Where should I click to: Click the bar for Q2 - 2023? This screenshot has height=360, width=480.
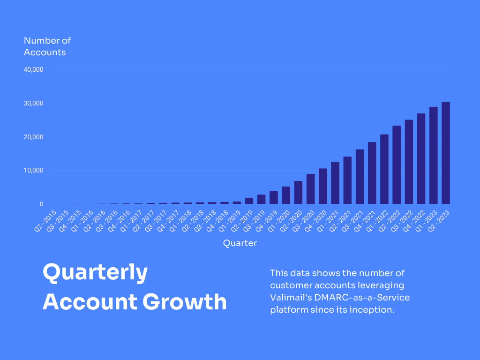pyautogui.click(x=446, y=153)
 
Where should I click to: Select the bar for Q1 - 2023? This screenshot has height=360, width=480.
pyautogui.click(x=434, y=155)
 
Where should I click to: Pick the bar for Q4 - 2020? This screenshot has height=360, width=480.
pyautogui.click(x=322, y=186)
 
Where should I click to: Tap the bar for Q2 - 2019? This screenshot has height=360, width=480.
pyautogui.click(x=249, y=201)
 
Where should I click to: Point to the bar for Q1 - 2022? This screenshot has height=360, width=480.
pyautogui.click(x=384, y=169)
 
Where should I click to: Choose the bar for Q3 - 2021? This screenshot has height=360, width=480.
pyautogui.click(x=360, y=177)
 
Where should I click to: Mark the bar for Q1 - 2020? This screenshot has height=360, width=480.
pyautogui.click(x=286, y=195)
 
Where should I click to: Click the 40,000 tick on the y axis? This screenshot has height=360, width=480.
pyautogui.click(x=34, y=69)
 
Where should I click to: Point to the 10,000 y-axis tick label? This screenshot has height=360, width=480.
pyautogui.click(x=34, y=171)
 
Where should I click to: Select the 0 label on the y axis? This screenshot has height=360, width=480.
pyautogui.click(x=42, y=204)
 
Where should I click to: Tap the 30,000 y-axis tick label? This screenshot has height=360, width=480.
pyautogui.click(x=34, y=103)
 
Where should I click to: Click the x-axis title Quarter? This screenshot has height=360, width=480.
pyautogui.click(x=240, y=243)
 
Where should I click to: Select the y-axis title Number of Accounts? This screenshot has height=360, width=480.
pyautogui.click(x=47, y=46)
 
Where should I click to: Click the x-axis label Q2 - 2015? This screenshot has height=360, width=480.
pyautogui.click(x=45, y=221)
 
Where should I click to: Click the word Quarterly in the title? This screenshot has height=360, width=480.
pyautogui.click(x=95, y=273)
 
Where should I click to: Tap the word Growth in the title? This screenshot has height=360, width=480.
pyautogui.click(x=185, y=301)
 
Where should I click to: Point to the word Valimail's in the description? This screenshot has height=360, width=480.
pyautogui.click(x=290, y=298)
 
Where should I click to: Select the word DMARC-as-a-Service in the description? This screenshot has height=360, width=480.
pyautogui.click(x=362, y=298)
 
